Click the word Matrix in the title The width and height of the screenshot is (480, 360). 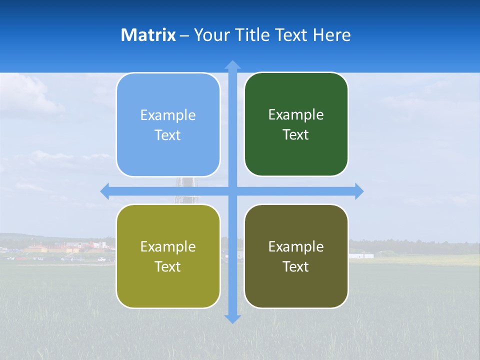click(148, 35)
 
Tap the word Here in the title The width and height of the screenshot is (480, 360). click(331, 35)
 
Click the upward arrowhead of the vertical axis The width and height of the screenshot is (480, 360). click(232, 64)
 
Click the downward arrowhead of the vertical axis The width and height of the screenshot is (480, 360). click(232, 319)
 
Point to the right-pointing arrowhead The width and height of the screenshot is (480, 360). click(359, 191)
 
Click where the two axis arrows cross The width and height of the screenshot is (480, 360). click(232, 191)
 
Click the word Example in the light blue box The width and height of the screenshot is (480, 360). click(168, 115)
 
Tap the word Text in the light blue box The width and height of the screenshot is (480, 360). click(168, 135)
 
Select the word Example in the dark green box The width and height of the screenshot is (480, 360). click(296, 115)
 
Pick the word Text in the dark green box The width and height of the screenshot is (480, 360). click(296, 135)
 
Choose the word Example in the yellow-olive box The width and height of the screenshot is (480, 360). click(168, 247)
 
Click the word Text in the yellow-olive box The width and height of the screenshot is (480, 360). click(168, 267)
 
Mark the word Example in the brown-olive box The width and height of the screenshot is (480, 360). click(296, 247)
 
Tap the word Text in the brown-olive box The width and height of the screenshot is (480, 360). click(296, 267)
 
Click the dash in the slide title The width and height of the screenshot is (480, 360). click(184, 35)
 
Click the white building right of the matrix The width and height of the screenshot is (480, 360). click(361, 255)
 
